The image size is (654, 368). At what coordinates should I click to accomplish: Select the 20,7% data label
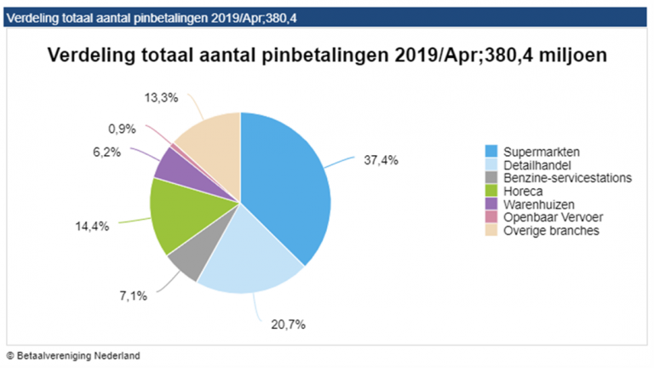pyautogui.click(x=287, y=325)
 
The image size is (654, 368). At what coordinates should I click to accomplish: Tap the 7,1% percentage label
pyautogui.click(x=134, y=296)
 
